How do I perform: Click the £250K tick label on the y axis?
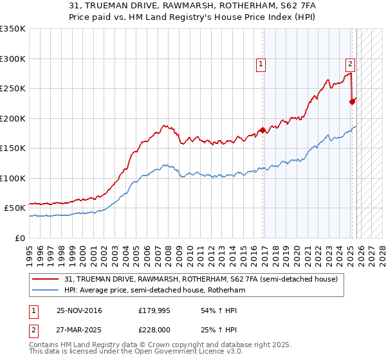click(x=13, y=89)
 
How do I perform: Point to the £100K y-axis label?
click(x=13, y=179)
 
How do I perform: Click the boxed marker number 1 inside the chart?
click(x=261, y=64)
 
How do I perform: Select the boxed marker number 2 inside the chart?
click(x=350, y=64)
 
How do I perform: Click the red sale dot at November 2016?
click(x=263, y=130)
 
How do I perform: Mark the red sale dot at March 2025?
click(x=352, y=102)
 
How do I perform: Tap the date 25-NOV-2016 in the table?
click(x=79, y=310)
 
